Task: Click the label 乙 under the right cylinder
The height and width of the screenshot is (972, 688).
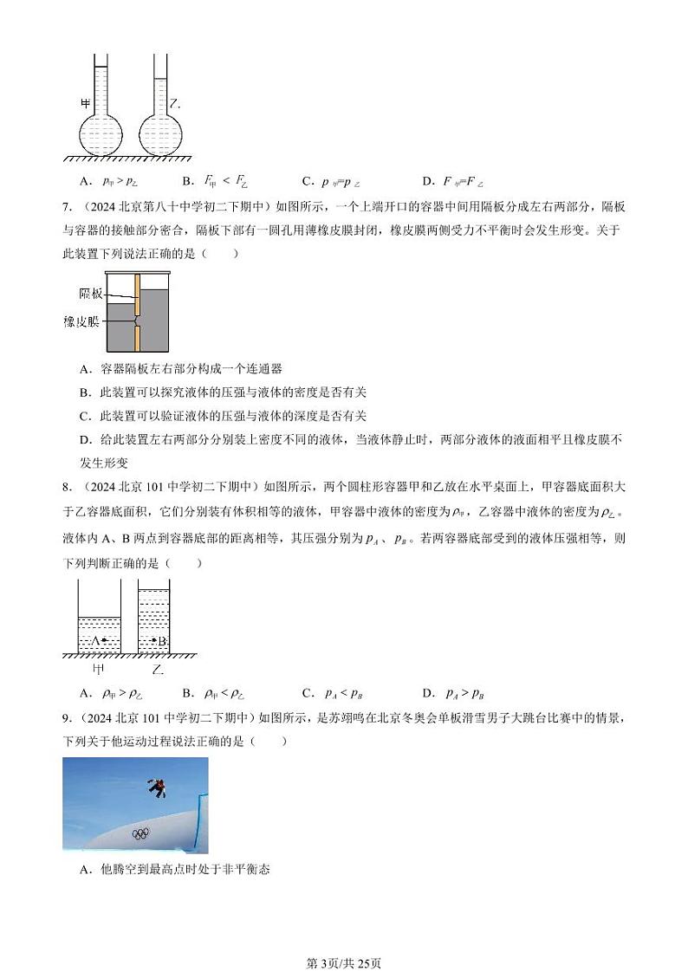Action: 157,670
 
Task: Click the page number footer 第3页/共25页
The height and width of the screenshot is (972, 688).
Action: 344,938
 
